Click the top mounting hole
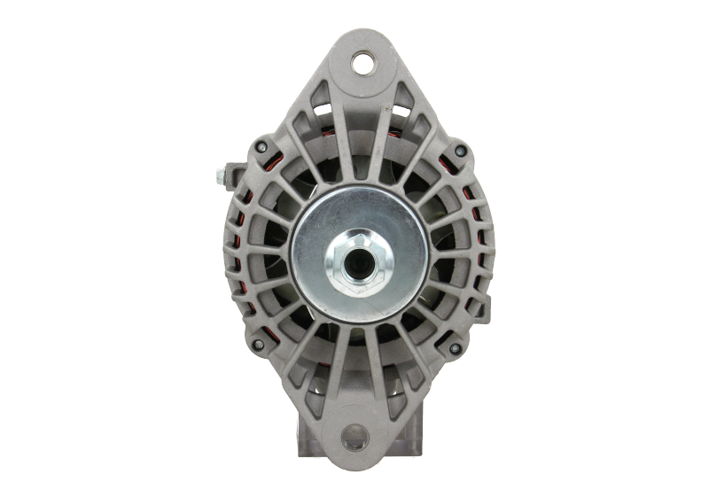[x=363, y=62]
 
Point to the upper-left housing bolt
[x=259, y=147]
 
